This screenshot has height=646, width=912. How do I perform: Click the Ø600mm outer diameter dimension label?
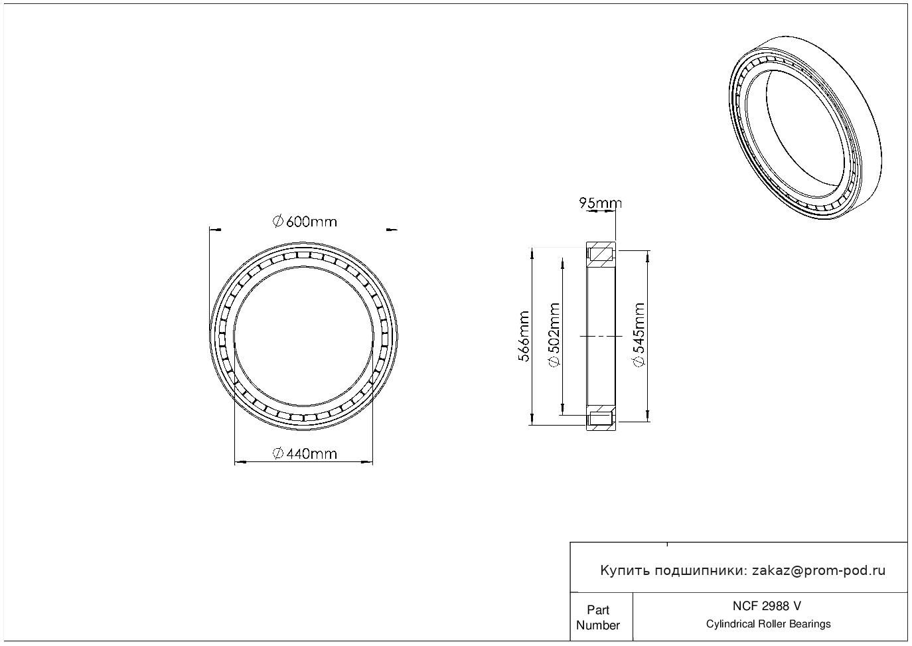point(305,222)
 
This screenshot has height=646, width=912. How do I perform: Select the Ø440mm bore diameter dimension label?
point(305,453)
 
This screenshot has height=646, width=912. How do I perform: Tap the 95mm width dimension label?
point(601,203)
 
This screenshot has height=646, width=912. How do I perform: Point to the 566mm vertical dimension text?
point(524,337)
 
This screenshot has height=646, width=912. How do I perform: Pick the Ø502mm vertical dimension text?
point(554,335)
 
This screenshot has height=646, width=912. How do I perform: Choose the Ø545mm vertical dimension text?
point(639,335)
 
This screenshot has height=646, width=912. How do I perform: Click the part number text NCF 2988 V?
point(767,606)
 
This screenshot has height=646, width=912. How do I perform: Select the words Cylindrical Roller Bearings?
point(768,624)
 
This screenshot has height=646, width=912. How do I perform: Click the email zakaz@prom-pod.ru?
point(819,571)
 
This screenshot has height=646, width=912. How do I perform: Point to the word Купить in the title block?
point(625,571)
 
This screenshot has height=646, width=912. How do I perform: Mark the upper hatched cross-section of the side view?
point(601,254)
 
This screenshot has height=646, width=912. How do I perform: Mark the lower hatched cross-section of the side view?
point(601,418)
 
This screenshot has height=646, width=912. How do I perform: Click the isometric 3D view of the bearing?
point(805,127)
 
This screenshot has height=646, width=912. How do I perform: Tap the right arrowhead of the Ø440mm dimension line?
point(367,462)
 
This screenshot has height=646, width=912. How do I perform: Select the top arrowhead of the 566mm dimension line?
point(532,253)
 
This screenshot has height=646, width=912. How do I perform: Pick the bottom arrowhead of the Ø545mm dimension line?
point(648,416)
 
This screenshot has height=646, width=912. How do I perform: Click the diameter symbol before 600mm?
point(277,222)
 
